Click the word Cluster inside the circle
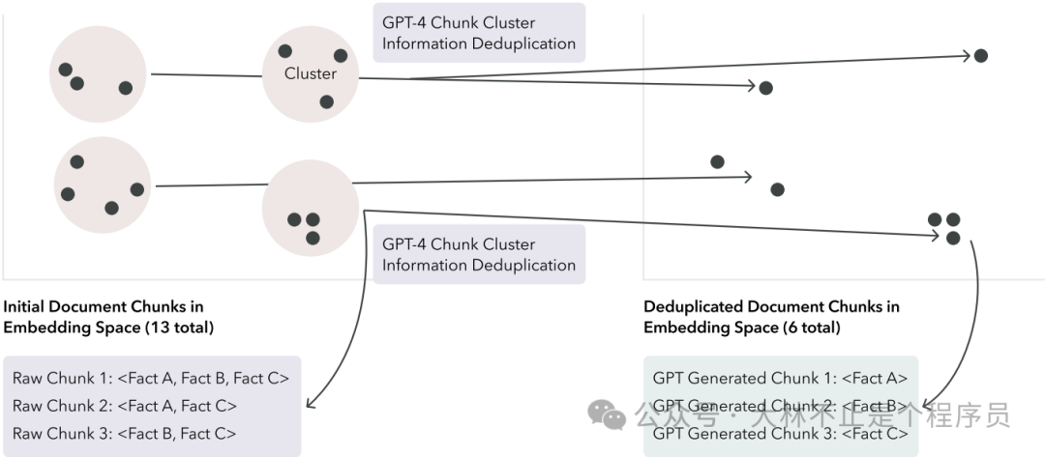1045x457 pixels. pos(311,73)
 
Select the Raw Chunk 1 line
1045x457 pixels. pos(150,378)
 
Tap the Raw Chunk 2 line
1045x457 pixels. pos(125,406)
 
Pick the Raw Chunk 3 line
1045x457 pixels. pos(124,434)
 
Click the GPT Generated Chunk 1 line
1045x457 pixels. pos(780,378)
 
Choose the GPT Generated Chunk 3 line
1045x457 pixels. pos(780,434)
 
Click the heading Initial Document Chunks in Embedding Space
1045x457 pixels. pos(108,317)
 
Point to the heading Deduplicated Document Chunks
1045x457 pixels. pos(771,306)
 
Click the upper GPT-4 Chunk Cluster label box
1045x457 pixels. pos(478,33)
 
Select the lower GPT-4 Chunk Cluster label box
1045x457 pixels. pos(478,254)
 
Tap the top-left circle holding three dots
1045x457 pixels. pos(98,74)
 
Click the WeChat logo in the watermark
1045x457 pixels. pos(607,415)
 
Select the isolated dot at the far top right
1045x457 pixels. pos(980,56)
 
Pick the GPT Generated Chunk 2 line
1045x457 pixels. pos(780,406)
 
